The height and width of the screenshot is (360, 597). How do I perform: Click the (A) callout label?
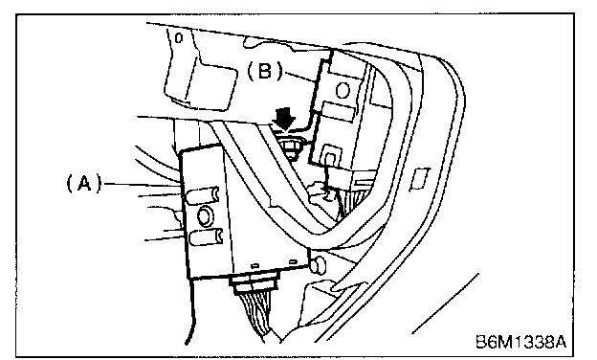click(84, 183)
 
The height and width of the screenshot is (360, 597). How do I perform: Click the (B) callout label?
click(266, 71)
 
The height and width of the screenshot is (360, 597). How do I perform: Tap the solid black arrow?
click(284, 118)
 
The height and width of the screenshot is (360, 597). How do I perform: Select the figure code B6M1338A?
click(520, 342)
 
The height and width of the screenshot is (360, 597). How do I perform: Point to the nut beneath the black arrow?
click(290, 146)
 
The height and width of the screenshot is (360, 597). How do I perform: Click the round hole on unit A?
click(205, 215)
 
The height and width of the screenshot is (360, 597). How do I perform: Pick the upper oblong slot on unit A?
click(203, 196)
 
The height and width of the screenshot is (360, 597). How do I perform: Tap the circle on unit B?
click(343, 91)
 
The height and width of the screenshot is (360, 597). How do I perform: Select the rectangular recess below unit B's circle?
click(339, 112)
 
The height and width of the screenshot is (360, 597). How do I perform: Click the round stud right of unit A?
click(318, 264)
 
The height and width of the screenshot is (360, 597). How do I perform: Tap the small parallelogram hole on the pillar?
click(419, 179)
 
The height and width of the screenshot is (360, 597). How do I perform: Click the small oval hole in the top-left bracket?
click(179, 37)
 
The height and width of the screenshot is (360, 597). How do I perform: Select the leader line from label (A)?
click(142, 185)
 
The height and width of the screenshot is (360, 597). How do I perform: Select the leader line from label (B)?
click(300, 77)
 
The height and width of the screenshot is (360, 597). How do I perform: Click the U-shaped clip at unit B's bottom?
click(330, 155)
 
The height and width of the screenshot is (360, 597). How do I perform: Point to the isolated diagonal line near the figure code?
click(445, 304)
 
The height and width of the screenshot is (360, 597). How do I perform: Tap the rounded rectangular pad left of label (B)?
click(209, 88)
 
